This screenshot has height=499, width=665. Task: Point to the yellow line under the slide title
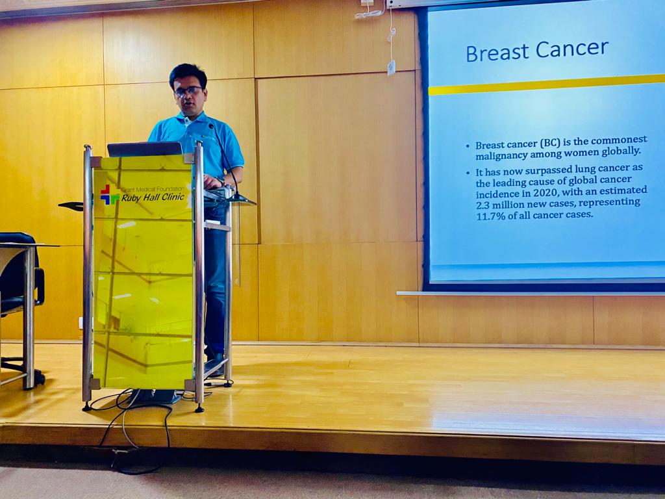click(x=547, y=84)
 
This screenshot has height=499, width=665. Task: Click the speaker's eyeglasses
click(x=189, y=90)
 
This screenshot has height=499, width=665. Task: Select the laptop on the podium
click(x=145, y=149)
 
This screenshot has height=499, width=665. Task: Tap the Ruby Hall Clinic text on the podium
click(x=153, y=198)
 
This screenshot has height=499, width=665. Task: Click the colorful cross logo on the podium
click(x=109, y=194)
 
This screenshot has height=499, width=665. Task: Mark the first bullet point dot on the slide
click(x=468, y=146)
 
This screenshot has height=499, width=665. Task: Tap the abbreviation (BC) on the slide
click(x=538, y=143)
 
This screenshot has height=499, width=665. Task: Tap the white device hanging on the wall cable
click(x=391, y=68)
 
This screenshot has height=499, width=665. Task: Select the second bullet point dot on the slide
click(x=468, y=173)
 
